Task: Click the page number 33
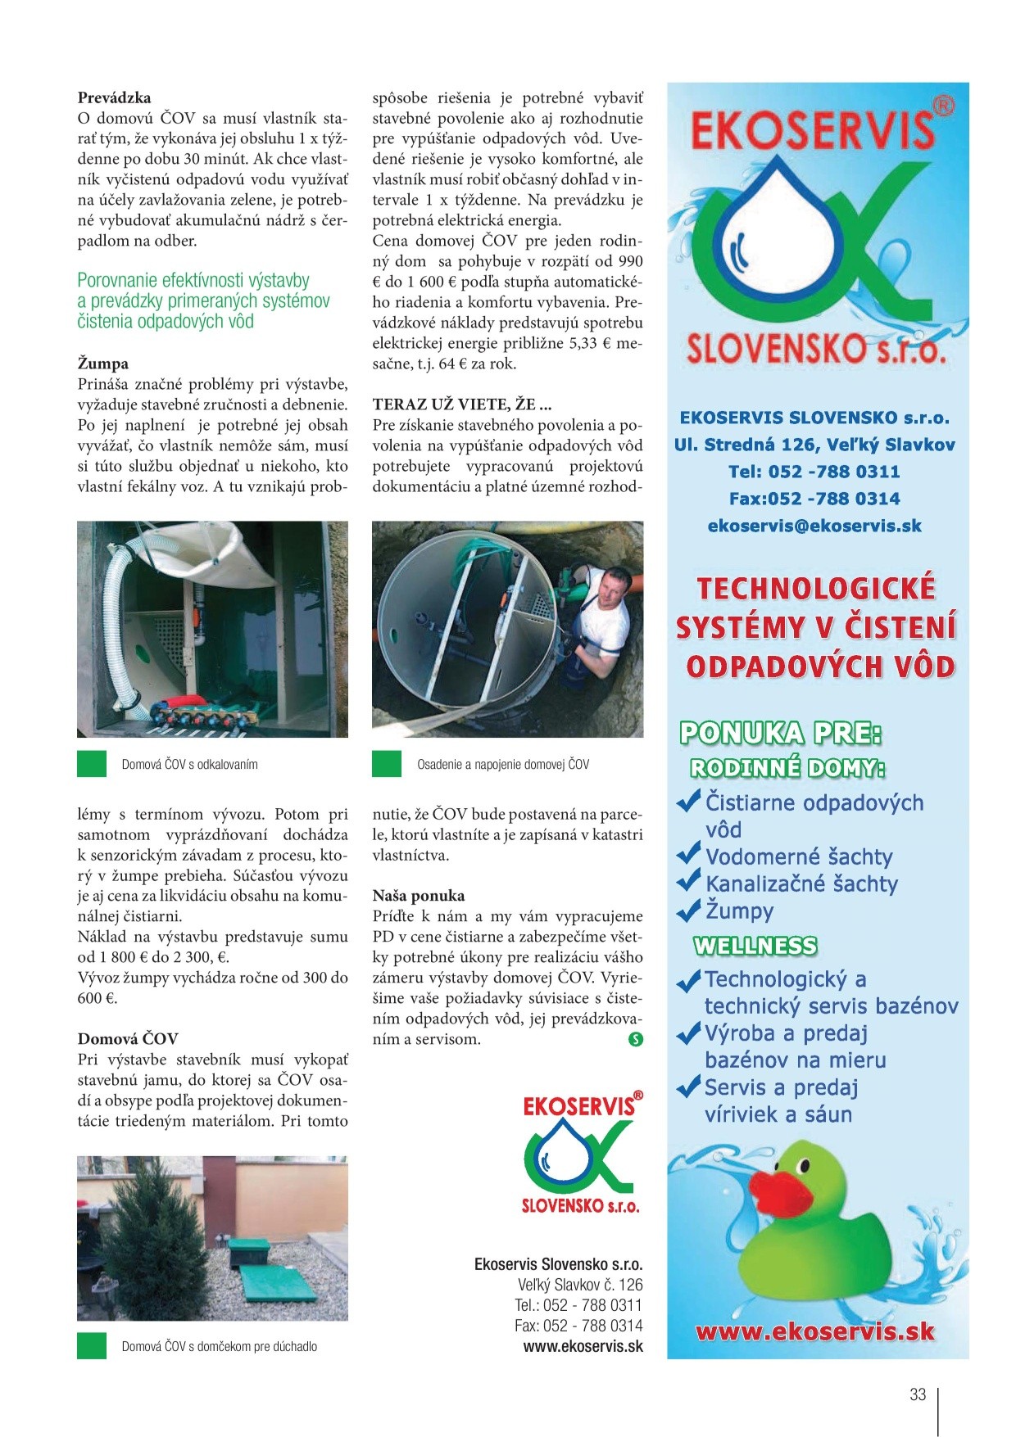(918, 1394)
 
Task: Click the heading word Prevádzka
(115, 98)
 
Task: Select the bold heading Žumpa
(103, 364)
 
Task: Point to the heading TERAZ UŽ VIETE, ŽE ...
(462, 404)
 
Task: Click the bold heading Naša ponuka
(419, 896)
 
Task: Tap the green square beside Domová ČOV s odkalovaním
(92, 764)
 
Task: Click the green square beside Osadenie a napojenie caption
(387, 764)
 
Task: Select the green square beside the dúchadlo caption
(92, 1345)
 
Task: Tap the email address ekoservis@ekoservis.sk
(814, 526)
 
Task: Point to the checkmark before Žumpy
(688, 909)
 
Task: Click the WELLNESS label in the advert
(755, 947)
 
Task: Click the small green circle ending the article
(635, 1040)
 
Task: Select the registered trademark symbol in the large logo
(944, 106)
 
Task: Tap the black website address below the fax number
(583, 1347)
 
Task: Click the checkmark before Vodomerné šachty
(688, 856)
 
